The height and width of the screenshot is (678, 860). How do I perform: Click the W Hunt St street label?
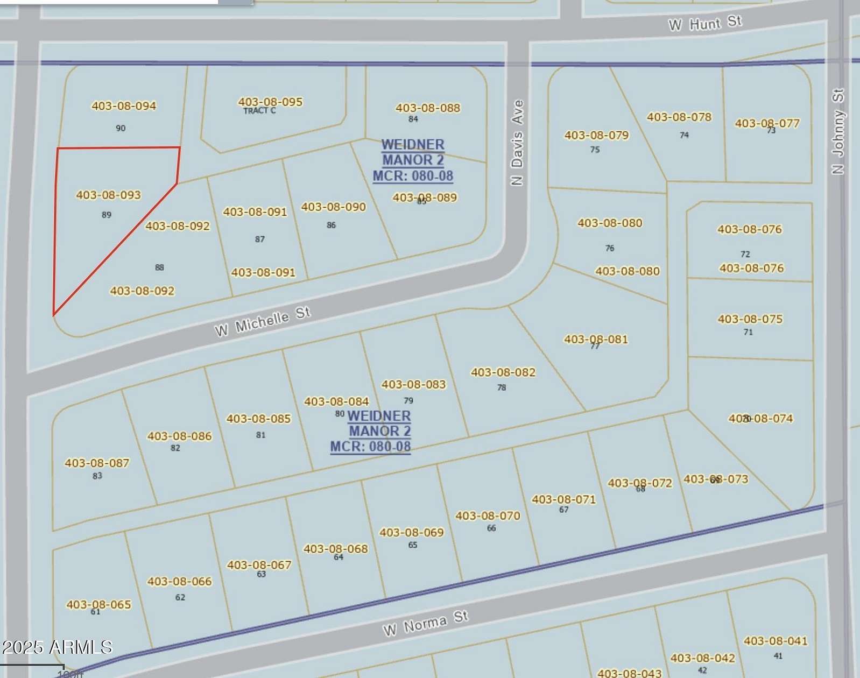pyautogui.click(x=705, y=24)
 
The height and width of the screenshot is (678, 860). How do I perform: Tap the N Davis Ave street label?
pyautogui.click(x=517, y=142)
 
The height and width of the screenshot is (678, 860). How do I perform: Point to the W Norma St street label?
pyautogui.click(x=425, y=623)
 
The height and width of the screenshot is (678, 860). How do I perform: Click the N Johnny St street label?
pyautogui.click(x=838, y=131)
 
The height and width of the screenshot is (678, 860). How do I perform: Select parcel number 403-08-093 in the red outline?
pyautogui.click(x=108, y=195)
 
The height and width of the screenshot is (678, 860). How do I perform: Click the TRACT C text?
pyautogui.click(x=259, y=111)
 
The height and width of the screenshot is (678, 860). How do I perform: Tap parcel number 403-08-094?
pyautogui.click(x=124, y=106)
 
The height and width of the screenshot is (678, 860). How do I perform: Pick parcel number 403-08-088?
pyautogui.click(x=428, y=108)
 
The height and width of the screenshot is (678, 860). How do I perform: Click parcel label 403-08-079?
pyautogui.click(x=596, y=136)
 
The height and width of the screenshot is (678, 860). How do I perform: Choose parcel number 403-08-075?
pyautogui.click(x=750, y=319)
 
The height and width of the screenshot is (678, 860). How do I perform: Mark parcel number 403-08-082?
pyautogui.click(x=503, y=372)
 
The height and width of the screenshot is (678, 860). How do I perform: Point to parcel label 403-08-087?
pyautogui.click(x=97, y=463)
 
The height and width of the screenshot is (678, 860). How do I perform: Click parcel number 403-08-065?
pyautogui.click(x=98, y=604)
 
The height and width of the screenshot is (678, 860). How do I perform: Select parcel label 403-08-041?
pyautogui.click(x=776, y=641)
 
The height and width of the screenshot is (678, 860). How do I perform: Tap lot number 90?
pyautogui.click(x=121, y=128)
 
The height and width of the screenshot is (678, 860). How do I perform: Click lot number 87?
pyautogui.click(x=260, y=239)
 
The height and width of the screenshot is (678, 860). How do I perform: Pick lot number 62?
pyautogui.click(x=180, y=597)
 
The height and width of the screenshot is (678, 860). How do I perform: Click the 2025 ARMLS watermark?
pyautogui.click(x=57, y=647)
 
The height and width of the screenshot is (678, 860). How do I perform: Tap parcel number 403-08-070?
pyautogui.click(x=488, y=516)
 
